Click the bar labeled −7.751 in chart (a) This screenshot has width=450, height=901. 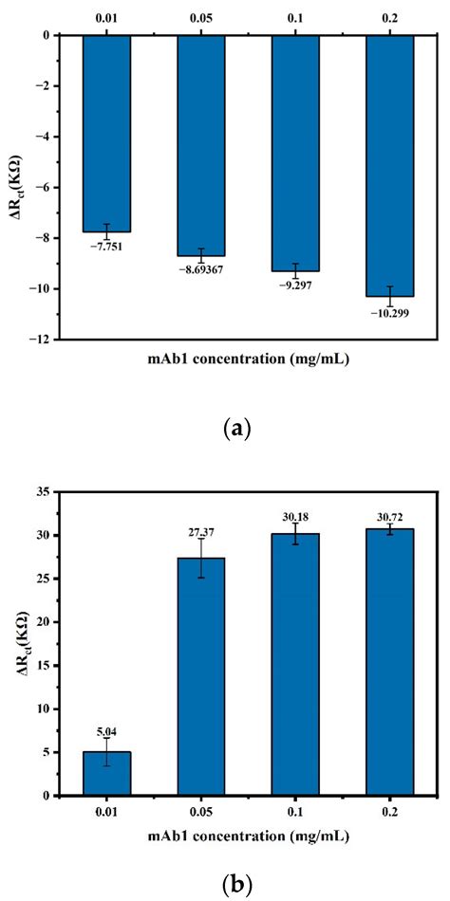tap(106, 133)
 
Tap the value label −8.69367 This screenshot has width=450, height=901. tap(201, 270)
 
